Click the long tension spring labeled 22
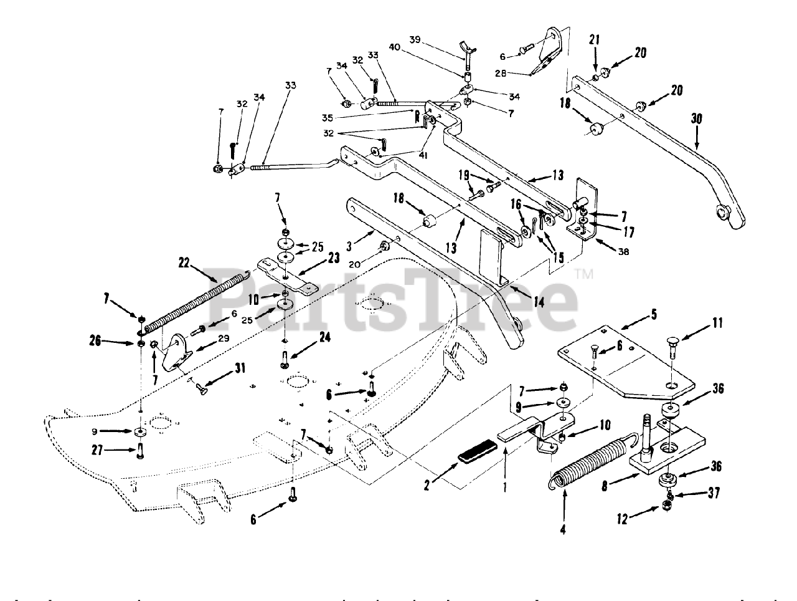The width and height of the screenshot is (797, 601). (193, 299)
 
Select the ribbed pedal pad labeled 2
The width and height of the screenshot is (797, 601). (477, 451)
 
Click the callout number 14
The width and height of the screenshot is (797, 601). (538, 302)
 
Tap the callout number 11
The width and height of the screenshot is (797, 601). (718, 325)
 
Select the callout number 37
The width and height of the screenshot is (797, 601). (714, 493)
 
